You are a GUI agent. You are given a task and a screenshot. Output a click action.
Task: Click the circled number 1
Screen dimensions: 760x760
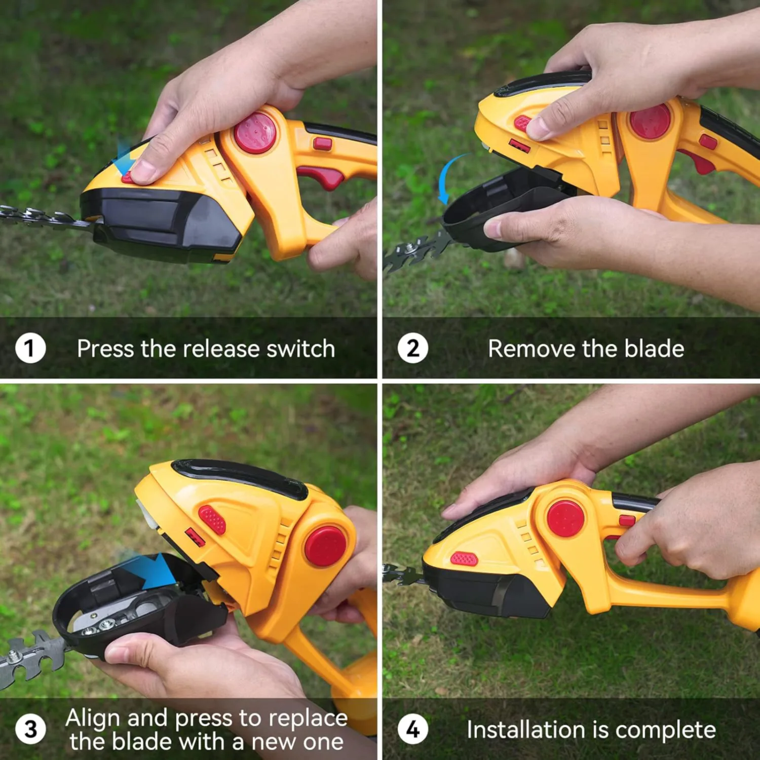coord(30,349)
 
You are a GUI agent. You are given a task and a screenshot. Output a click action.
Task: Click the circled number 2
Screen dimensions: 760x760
coord(413,349)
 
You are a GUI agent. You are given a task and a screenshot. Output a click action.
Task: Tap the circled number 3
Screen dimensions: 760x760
coord(30,729)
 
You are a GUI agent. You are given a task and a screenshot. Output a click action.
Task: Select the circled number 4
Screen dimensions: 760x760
coord(413,730)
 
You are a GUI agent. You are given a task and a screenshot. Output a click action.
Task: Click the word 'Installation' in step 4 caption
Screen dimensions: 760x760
coord(526,730)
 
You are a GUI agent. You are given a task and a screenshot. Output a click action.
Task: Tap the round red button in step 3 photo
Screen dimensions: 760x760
coord(326,546)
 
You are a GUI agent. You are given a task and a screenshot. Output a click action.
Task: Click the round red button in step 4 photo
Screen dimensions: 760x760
coord(565,518)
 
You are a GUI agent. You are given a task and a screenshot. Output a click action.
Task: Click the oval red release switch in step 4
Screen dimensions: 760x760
coord(464,559)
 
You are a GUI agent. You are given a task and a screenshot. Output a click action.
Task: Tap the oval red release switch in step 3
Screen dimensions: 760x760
coord(212,520)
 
